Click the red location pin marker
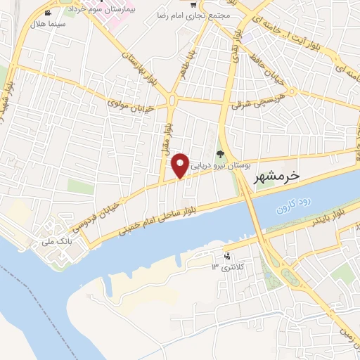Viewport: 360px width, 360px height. pyautogui.click(x=181, y=165)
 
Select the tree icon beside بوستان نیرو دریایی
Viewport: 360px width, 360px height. pyautogui.click(x=219, y=153)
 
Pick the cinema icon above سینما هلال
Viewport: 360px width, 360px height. pyautogui.click(x=47, y=13)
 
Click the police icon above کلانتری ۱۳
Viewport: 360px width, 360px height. pyautogui.click(x=226, y=256)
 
